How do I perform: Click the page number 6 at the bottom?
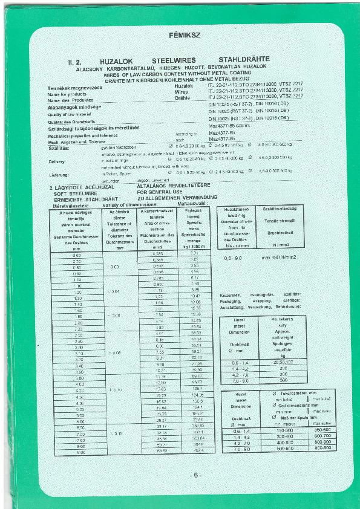197,475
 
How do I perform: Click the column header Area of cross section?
159,227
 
